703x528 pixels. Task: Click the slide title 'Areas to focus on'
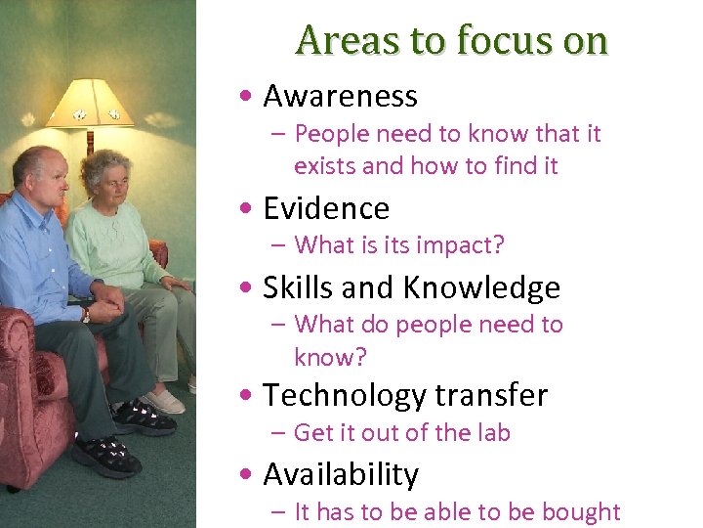(x=451, y=40)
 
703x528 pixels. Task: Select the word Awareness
(x=340, y=96)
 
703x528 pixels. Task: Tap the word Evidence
(x=326, y=208)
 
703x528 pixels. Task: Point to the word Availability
(x=340, y=474)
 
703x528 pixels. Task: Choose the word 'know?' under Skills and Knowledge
(x=330, y=357)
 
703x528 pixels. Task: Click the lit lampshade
(x=91, y=104)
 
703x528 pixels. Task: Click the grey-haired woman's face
(x=113, y=182)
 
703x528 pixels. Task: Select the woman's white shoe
(x=163, y=401)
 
